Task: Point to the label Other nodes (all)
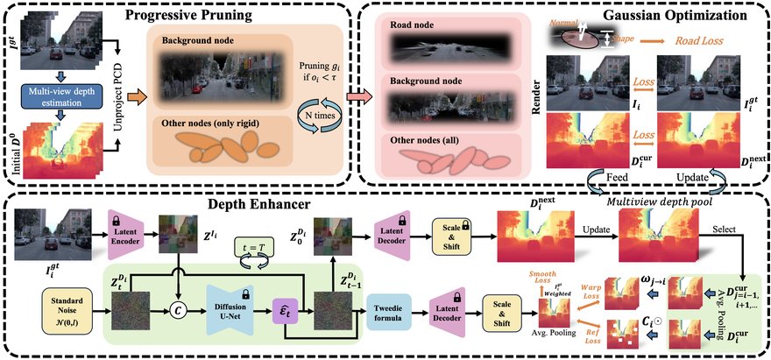[421, 141]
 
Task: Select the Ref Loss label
[592, 337]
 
